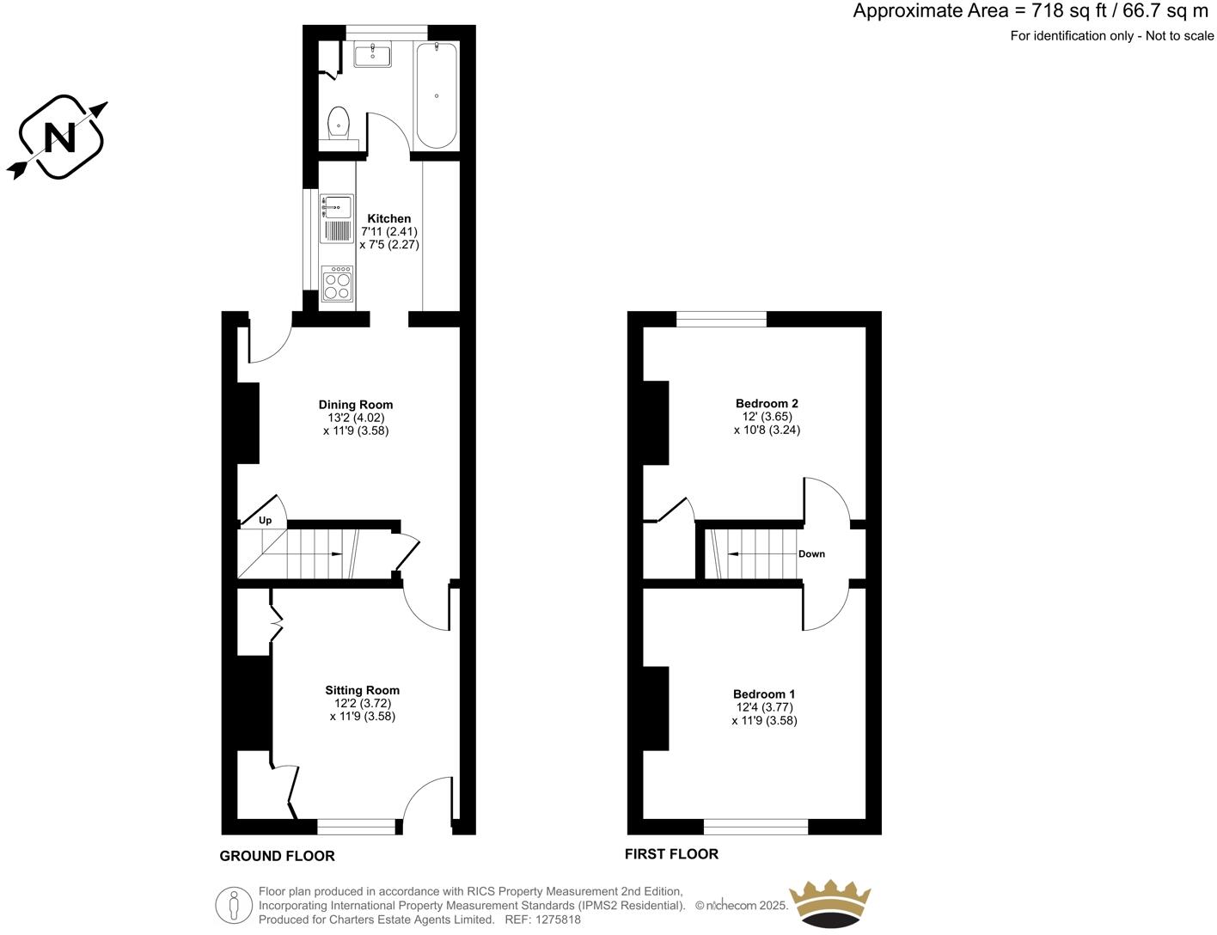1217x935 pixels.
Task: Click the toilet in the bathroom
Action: [x=339, y=122]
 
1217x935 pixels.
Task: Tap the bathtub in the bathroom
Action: [x=437, y=95]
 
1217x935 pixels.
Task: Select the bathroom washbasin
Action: [x=372, y=54]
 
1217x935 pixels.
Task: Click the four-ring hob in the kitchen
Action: [x=337, y=284]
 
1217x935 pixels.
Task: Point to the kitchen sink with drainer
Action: [x=337, y=218]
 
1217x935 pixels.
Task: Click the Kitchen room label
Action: [x=389, y=218]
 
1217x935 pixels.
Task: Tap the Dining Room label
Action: [x=356, y=405]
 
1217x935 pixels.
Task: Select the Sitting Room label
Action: [x=362, y=690]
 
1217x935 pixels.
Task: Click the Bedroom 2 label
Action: [x=767, y=403]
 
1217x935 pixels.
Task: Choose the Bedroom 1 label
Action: [x=764, y=694]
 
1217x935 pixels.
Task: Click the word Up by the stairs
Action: [x=266, y=520]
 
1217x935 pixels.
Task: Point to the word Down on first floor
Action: [x=811, y=554]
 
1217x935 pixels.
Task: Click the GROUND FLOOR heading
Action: [x=277, y=856]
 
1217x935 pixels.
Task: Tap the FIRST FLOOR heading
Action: [x=671, y=853]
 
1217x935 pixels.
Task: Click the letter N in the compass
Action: [x=59, y=137]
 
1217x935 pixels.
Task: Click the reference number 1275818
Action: [x=558, y=920]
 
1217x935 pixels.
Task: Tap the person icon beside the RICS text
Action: [x=234, y=905]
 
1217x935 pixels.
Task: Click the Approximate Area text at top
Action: [x=1030, y=11]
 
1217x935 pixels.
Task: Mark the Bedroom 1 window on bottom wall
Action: [x=755, y=827]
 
